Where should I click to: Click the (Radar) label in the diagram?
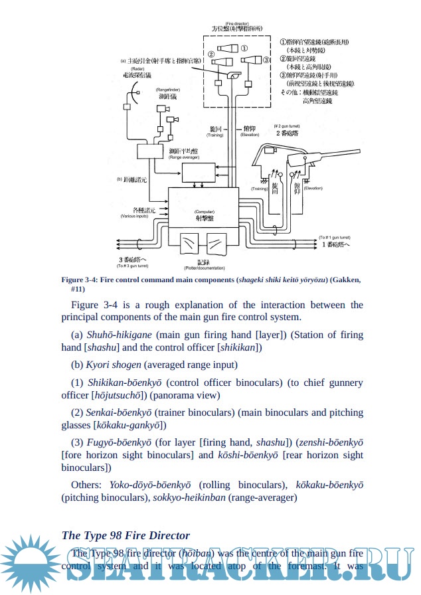click(137, 68)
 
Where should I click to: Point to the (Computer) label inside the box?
click(204, 211)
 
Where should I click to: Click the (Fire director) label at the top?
click(236, 23)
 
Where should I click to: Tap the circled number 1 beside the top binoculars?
click(244, 48)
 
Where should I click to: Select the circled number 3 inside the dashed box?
click(266, 59)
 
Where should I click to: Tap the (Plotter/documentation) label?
click(204, 268)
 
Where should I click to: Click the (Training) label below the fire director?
click(214, 135)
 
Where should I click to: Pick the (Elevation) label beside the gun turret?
click(313, 189)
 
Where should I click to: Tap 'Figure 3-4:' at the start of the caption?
click(79, 280)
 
